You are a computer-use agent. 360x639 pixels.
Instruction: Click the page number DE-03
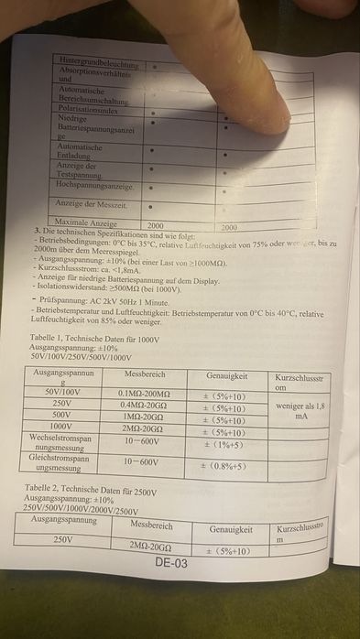pyautogui.click(x=170, y=563)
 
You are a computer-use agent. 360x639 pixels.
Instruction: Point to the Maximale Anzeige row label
pyautogui.click(x=86, y=222)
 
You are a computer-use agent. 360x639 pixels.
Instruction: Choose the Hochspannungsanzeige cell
pyautogui.click(x=95, y=185)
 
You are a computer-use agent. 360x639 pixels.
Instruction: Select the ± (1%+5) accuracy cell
pyautogui.click(x=223, y=446)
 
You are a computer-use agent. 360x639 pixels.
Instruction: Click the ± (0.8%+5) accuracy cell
pyautogui.click(x=224, y=466)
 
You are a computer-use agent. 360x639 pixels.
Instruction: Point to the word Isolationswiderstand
pyautogui.click(x=72, y=288)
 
